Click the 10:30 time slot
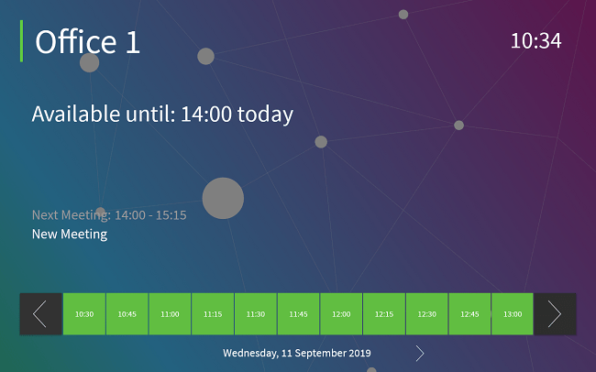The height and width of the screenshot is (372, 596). pos(84,314)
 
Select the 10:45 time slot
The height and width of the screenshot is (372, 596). pos(127,314)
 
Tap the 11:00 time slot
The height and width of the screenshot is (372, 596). pos(170,314)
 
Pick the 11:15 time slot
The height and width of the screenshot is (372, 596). pos(213,314)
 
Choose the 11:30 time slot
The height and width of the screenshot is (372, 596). pos(256,314)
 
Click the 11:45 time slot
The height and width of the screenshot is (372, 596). pos(298,314)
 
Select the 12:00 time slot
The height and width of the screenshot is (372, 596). pos(341,314)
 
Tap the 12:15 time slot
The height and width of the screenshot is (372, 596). pos(384,314)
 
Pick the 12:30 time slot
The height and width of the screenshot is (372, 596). pos(427,314)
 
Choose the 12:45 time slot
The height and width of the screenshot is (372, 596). pos(469,314)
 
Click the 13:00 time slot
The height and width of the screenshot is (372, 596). pos(513,314)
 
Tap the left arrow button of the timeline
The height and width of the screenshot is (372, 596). pos(40,314)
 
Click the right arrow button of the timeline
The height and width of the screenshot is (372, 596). pos(556,314)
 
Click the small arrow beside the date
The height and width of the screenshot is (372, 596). pos(420,353)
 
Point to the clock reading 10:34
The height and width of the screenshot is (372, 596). pos(536,40)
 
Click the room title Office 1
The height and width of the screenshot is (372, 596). pos(87,41)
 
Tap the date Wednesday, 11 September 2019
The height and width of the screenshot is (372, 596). pos(297,353)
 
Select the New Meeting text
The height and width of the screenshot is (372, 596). pos(70,234)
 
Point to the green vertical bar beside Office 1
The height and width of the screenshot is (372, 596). pos(21,41)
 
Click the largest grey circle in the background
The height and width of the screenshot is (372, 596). pos(223,198)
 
